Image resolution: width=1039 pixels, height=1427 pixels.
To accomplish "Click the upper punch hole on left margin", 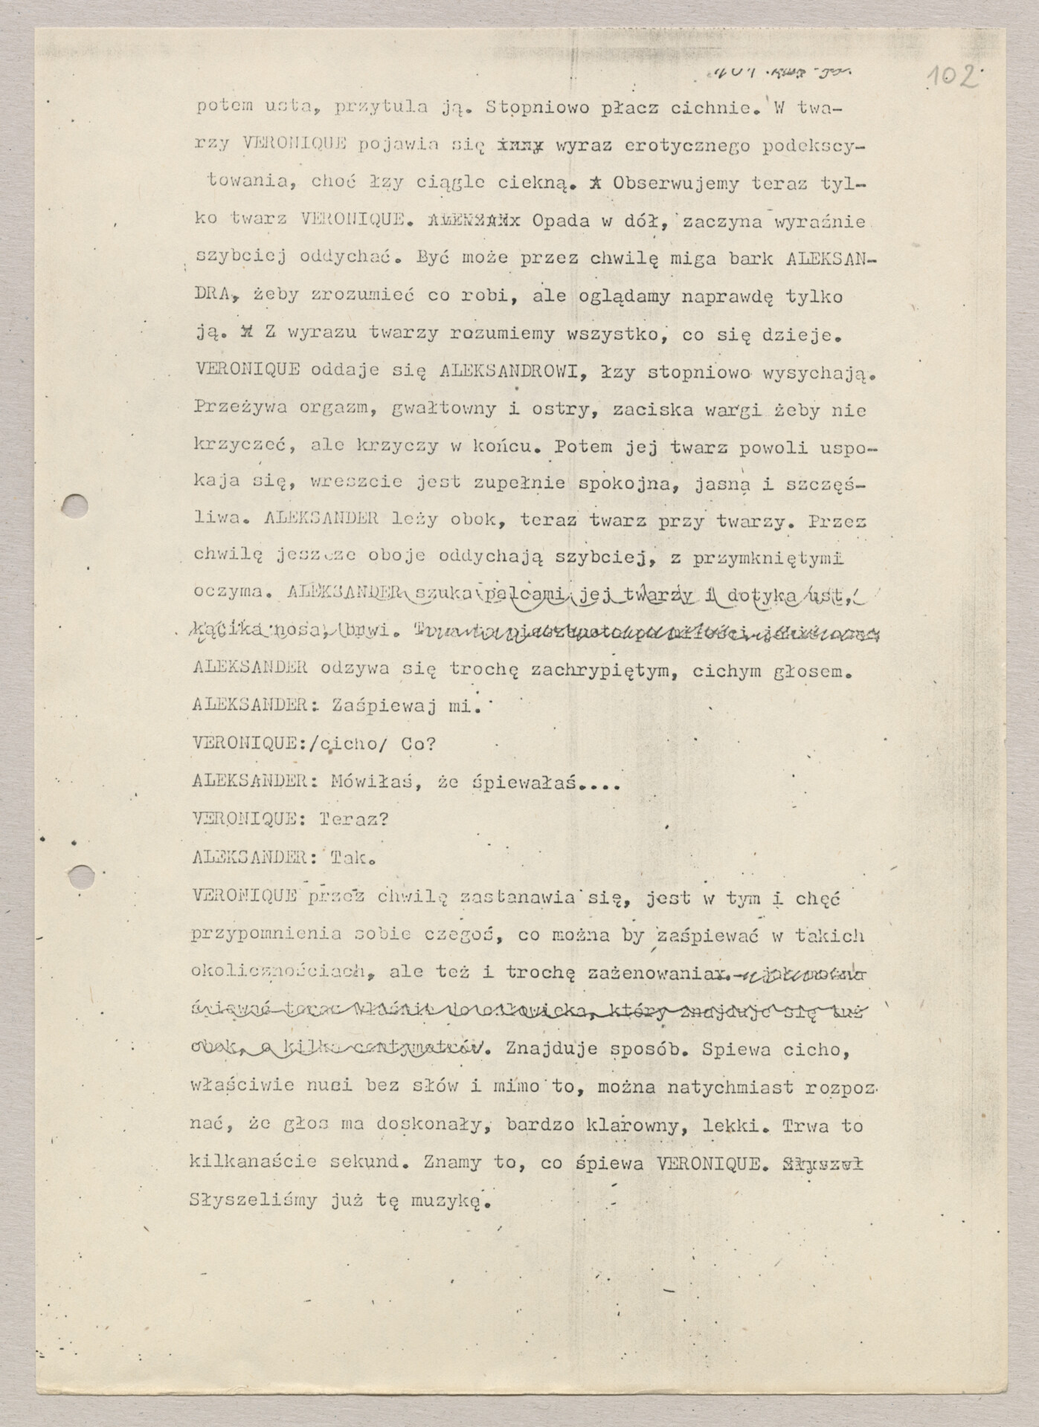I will coord(76,506).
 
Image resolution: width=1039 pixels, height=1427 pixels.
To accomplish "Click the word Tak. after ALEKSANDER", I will coord(353,857).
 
